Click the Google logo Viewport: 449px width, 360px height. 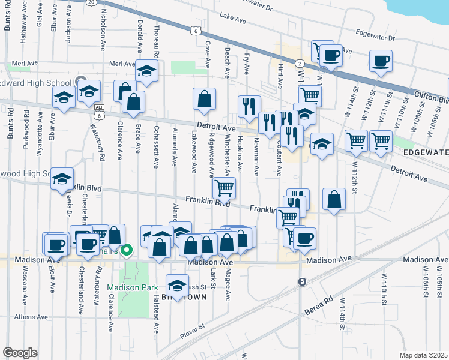(20, 353)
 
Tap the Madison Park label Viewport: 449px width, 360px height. (126, 287)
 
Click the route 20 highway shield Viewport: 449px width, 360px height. (91, 2)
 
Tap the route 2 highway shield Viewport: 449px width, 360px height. (298, 63)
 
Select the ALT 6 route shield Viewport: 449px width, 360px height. (99, 110)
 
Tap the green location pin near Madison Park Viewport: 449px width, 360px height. (126, 250)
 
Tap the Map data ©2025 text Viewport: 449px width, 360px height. (423, 355)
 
